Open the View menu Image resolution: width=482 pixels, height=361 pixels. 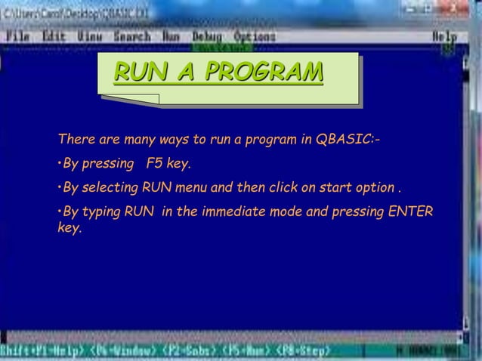[90, 36]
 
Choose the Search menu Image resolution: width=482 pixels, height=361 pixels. [132, 36]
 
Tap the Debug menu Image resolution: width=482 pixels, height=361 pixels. [207, 36]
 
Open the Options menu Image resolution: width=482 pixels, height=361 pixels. [255, 36]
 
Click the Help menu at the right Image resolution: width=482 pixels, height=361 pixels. [444, 36]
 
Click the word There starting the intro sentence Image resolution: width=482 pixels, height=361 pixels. [75, 140]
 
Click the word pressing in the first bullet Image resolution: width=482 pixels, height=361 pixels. [110, 164]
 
